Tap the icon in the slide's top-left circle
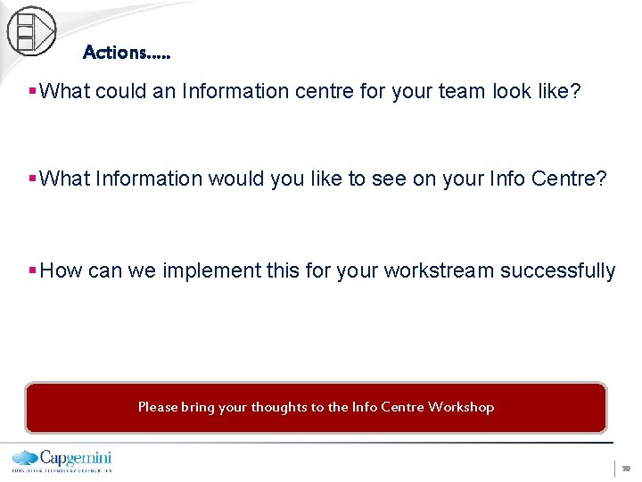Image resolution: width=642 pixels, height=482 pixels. pyautogui.click(x=30, y=30)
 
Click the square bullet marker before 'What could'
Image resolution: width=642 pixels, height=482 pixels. pyautogui.click(x=33, y=92)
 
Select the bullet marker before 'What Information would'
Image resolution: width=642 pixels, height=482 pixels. pyautogui.click(x=33, y=179)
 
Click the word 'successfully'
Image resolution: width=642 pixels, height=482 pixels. pyautogui.click(x=557, y=270)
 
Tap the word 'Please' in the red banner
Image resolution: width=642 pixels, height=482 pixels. pyautogui.click(x=158, y=407)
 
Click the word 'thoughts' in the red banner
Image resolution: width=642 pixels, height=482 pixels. pyautogui.click(x=278, y=407)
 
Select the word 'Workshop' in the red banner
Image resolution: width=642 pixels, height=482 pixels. pyautogui.click(x=460, y=407)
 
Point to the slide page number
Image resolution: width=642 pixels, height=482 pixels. pyautogui.click(x=626, y=468)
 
